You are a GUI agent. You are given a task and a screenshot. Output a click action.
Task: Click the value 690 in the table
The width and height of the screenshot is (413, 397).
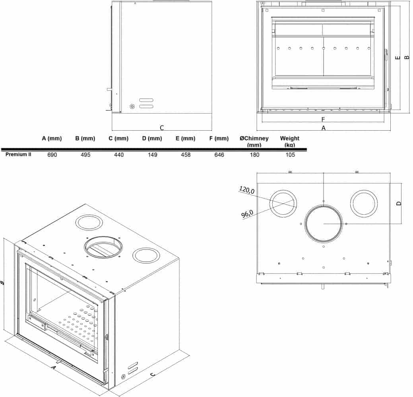[52, 155]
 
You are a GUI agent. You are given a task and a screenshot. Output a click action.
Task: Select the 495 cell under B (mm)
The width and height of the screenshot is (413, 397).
[85, 155]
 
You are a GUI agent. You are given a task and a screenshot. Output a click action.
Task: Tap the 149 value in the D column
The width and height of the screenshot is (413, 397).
[152, 155]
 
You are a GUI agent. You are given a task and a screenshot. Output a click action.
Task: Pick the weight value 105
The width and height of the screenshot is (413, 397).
[290, 155]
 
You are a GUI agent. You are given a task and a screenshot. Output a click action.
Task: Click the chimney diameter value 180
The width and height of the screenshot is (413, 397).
[254, 155]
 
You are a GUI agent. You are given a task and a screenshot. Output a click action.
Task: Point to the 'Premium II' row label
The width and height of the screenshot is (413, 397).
[18, 154]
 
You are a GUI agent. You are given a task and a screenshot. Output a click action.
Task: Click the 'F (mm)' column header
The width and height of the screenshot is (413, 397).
[219, 139]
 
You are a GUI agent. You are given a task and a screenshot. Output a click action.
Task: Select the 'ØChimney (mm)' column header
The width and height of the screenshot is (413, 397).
[254, 141]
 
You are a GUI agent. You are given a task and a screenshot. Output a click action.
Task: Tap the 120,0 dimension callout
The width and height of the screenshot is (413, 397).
[247, 190]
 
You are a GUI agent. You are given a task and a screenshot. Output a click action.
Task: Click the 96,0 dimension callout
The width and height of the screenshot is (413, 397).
[247, 214]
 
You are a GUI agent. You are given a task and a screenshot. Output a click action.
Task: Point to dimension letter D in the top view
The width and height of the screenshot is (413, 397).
[399, 203]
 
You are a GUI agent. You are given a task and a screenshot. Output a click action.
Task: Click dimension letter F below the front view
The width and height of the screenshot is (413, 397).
[323, 119]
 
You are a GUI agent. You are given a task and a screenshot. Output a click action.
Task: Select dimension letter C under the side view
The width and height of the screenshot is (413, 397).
[162, 128]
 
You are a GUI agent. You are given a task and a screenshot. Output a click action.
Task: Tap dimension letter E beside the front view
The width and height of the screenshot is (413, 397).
[398, 58]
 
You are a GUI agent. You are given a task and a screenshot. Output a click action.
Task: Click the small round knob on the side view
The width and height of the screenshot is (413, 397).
[132, 106]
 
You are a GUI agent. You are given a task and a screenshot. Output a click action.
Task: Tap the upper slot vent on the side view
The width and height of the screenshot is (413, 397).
[146, 100]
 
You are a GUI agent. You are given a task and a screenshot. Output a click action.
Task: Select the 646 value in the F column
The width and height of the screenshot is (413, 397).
[219, 155]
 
